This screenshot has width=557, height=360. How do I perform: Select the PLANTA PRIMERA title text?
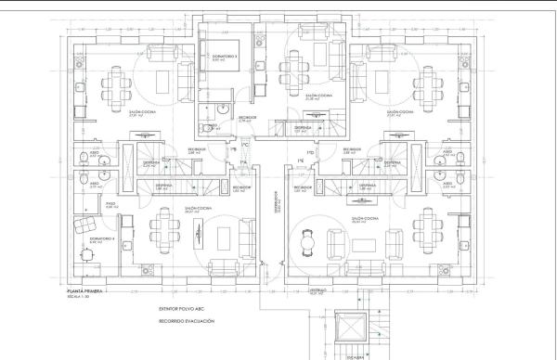pos(82,291)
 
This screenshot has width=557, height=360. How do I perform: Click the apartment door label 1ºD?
pos(312,152)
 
